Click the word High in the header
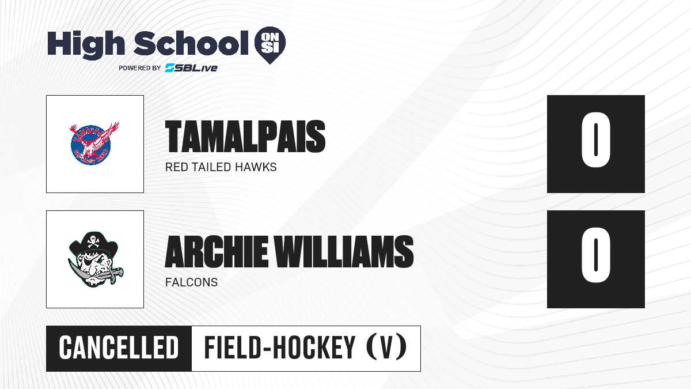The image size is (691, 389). point(86,44)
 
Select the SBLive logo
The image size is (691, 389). point(191,68)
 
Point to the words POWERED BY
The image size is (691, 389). point(140,68)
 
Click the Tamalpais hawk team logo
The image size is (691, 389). point(94,143)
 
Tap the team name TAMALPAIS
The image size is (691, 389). point(245,137)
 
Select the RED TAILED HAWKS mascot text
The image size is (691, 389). point(221,167)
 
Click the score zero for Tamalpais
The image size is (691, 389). point(595,140)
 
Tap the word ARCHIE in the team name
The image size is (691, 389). point(217,252)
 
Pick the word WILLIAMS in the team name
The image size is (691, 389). point(344,252)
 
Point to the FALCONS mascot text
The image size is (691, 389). point(191,282)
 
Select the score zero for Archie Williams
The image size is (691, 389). point(595,255)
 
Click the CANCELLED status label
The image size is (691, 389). point(119,348)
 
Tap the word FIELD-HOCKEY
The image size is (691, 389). point(280,348)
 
